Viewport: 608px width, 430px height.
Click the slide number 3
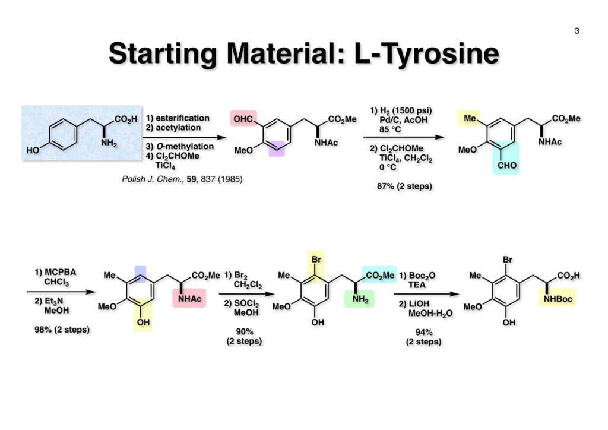click(577, 31)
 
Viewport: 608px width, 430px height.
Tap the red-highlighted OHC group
click(243, 120)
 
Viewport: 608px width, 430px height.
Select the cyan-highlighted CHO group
click(506, 166)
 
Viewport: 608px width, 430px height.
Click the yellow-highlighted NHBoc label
click(556, 299)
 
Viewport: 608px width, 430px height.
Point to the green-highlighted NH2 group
click(359, 299)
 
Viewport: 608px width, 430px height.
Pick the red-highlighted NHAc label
click(189, 299)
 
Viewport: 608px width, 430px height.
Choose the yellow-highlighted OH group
click(142, 322)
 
